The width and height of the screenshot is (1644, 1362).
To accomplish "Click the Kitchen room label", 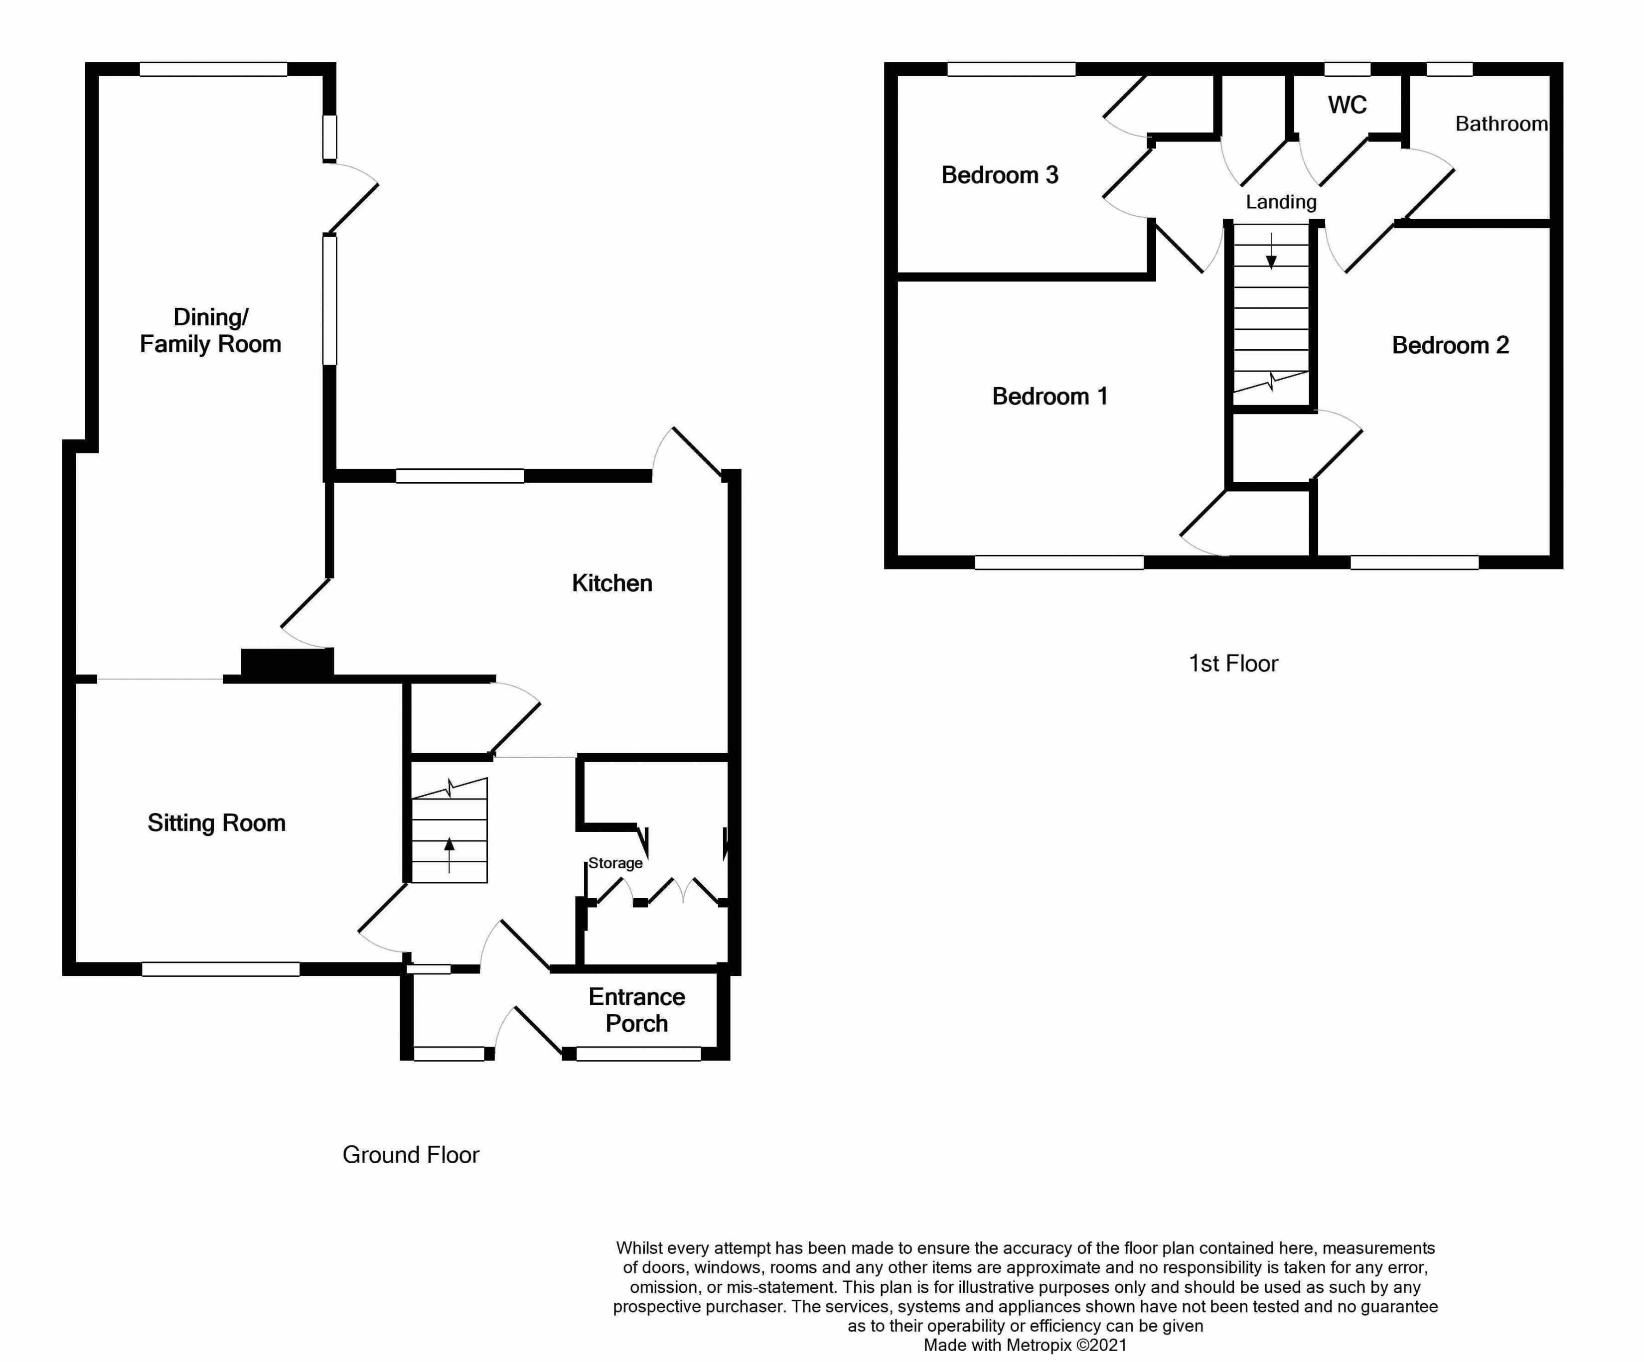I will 611,583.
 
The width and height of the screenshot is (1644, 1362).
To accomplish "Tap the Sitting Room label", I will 216,822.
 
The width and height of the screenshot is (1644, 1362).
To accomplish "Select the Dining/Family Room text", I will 210,330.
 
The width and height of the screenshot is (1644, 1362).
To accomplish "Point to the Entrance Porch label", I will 636,1010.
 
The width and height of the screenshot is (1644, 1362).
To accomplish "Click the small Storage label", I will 615,863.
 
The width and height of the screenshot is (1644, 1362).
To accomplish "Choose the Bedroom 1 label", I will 1050,396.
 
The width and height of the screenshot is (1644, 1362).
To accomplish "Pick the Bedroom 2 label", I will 1450,345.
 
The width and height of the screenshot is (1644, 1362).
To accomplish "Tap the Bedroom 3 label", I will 1000,174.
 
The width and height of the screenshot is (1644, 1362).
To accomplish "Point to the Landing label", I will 1281,202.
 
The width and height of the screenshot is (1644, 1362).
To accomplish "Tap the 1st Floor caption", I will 1233,664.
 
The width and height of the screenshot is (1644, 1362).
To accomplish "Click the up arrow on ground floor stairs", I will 449,854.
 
